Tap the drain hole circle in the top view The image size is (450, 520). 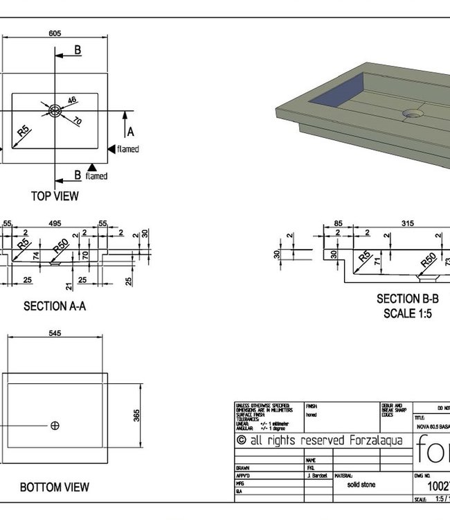click(55, 110)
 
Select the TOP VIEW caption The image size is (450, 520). click(55, 196)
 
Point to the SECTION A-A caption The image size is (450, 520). click(55, 306)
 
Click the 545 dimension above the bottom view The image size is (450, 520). click(55, 333)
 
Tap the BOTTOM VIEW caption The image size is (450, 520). click(55, 487)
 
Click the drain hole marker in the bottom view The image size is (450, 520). click(55, 425)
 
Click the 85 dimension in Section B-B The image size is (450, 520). click(338, 223)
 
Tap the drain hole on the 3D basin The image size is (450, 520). click(413, 111)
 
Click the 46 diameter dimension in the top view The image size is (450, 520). click(71, 101)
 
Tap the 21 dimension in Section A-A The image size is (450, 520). click(69, 286)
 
